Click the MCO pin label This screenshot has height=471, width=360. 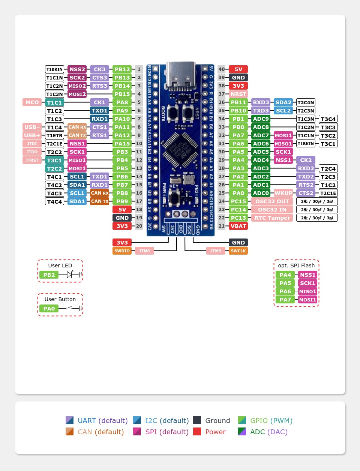point(32,102)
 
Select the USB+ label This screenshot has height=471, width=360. point(32,135)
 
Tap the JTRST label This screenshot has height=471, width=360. point(32,160)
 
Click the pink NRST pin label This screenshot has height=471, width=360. point(238,94)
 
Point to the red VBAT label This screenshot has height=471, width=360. point(238,226)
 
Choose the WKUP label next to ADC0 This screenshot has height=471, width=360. point(283,193)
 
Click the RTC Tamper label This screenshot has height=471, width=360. point(272,218)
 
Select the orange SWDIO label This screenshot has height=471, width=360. point(122,251)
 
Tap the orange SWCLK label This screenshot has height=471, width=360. point(238,251)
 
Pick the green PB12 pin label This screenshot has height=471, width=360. point(122,69)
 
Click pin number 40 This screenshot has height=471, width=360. point(222,69)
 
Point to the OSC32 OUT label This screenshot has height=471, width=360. point(272,201)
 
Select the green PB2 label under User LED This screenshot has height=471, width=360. point(49,275)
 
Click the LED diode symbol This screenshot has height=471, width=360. point(69,275)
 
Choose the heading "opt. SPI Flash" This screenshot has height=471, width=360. point(296,265)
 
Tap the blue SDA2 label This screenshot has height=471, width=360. point(283,102)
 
